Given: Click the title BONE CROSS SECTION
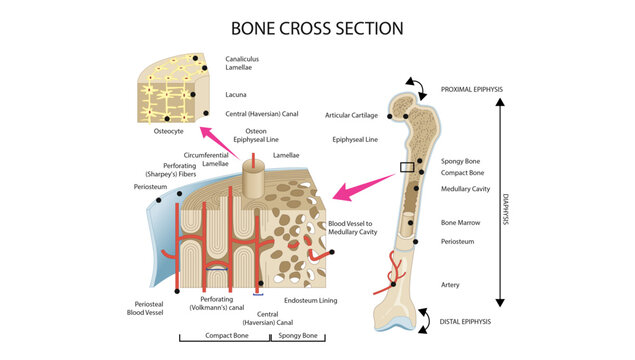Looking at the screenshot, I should (x=317, y=28).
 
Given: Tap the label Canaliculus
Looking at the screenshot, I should (x=248, y=59).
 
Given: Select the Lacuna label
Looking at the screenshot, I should (x=238, y=95).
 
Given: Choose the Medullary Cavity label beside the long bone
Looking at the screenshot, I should (x=466, y=188).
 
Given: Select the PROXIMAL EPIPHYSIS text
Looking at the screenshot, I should (x=472, y=89).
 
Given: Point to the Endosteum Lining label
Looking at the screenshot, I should (x=311, y=299).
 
